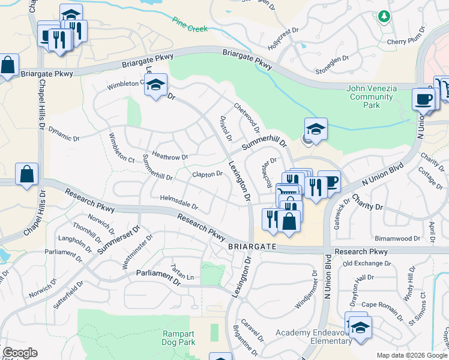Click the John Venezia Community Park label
coord(372,97)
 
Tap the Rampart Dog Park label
coord(179,338)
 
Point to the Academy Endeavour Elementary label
coord(313,337)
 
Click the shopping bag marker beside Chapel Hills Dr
coord(27,175)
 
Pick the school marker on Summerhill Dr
coord(316,129)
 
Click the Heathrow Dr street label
coord(170,157)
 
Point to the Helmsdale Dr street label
coord(179,202)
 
